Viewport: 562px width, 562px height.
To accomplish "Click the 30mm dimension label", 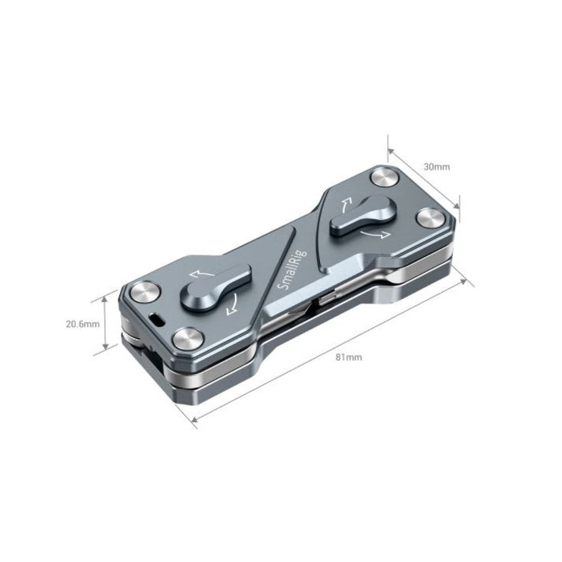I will [436, 166].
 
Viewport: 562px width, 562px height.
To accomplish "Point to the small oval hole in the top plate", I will [158, 319].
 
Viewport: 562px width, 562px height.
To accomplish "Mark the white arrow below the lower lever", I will [232, 306].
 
